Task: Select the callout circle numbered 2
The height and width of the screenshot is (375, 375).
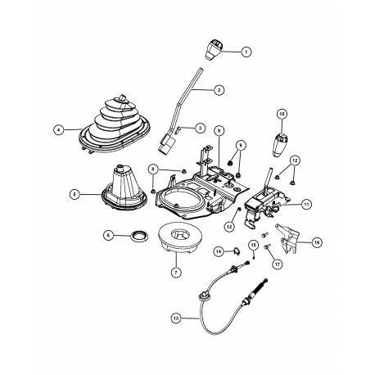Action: (x=219, y=89)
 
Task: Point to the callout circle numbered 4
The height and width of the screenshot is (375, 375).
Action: (x=58, y=129)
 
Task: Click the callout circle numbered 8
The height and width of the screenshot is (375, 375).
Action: (x=219, y=131)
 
